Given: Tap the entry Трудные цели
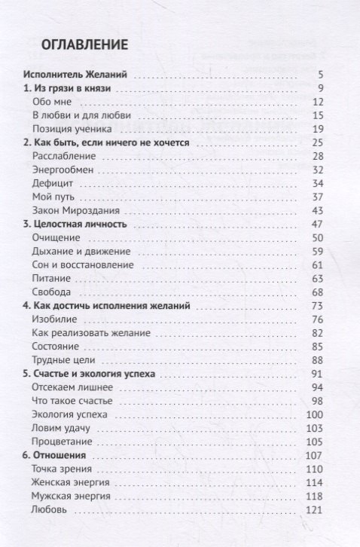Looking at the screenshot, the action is [x=63, y=359].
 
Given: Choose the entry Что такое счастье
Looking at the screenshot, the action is [x=72, y=400].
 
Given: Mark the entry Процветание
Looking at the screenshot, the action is [x=63, y=442].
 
